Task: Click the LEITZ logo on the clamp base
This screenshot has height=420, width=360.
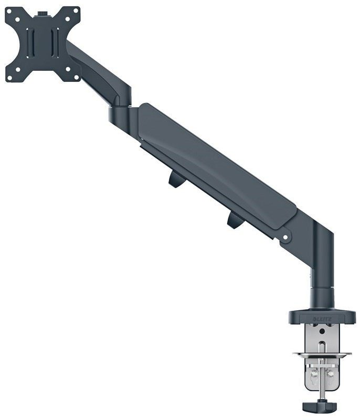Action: tap(322, 319)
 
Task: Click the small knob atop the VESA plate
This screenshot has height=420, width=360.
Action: tap(43, 14)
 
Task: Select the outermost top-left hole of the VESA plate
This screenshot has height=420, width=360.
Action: tap(9, 11)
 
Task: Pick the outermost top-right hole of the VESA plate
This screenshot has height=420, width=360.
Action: tap(76, 11)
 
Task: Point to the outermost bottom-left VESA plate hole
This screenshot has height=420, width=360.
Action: tap(9, 78)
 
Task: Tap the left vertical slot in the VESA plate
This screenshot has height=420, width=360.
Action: tap(30, 43)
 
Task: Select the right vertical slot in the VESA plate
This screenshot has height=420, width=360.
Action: tap(55, 43)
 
